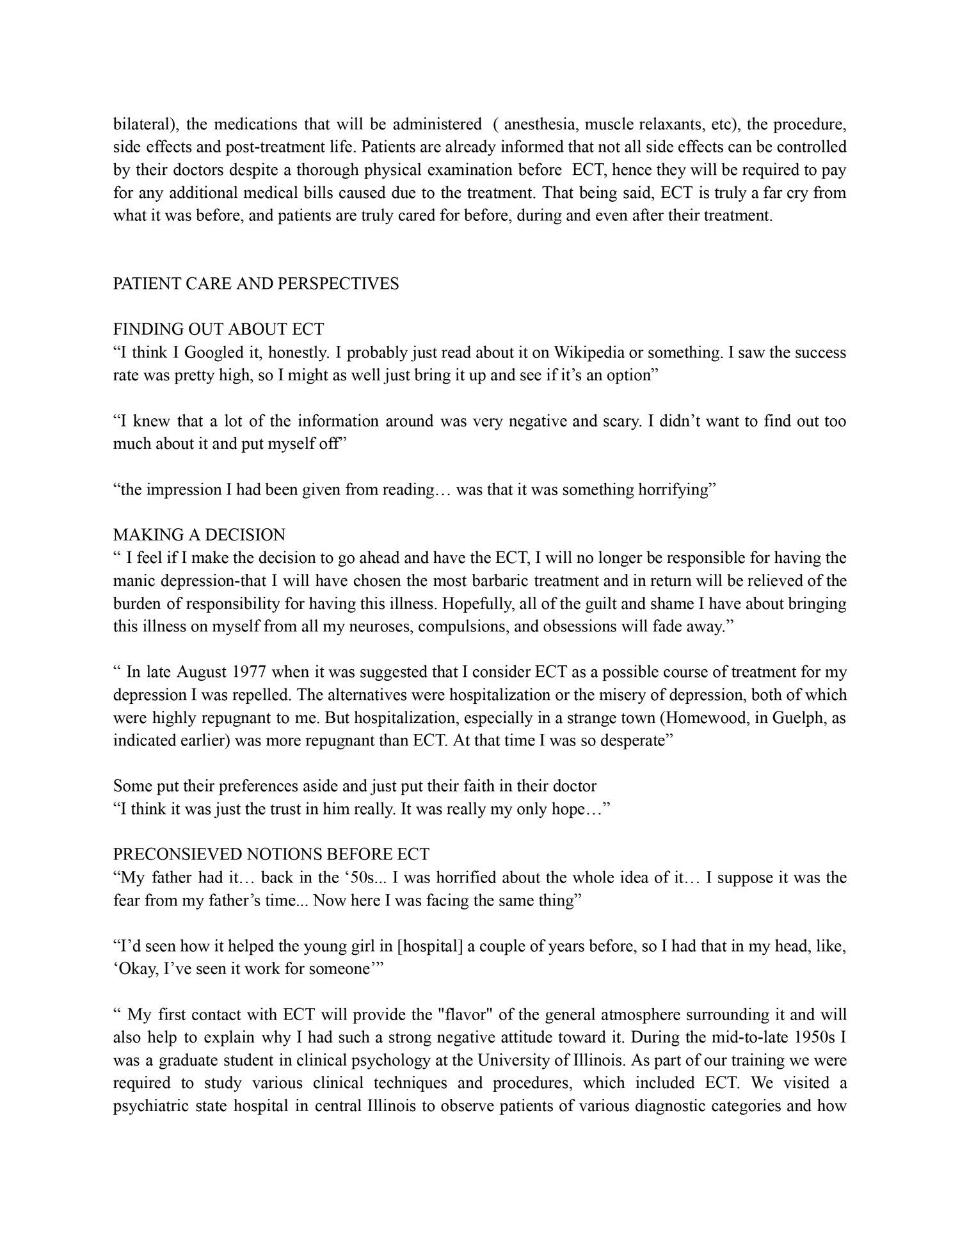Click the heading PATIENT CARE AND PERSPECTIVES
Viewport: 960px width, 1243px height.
(256, 284)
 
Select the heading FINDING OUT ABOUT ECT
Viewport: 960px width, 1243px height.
(218, 329)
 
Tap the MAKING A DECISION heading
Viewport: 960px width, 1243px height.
(199, 534)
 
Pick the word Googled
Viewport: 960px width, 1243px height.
(211, 352)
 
